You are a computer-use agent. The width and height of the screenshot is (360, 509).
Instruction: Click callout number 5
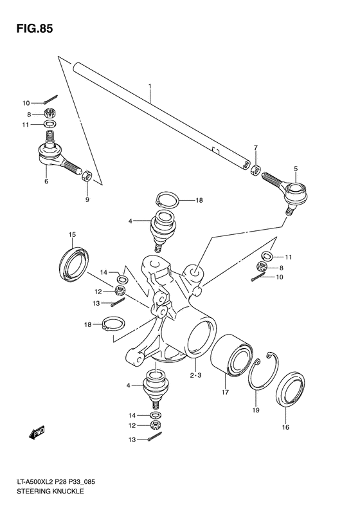[295, 169]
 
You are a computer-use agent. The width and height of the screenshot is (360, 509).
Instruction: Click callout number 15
[73, 234]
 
